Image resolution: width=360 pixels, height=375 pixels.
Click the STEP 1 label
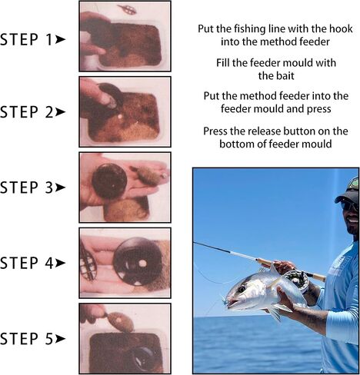coord(26,39)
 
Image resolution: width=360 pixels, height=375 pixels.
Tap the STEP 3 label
coord(26,187)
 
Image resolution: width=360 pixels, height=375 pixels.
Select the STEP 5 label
coord(26,339)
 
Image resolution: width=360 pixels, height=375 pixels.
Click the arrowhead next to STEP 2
coord(61,112)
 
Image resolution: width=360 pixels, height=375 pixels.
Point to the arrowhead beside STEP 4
coord(61,263)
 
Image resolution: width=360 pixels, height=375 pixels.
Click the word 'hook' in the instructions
coord(341,28)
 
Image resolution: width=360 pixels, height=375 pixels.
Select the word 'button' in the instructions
coord(297,131)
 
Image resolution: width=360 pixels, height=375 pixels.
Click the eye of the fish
coord(242,290)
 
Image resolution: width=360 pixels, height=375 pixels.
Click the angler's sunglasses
coord(349,205)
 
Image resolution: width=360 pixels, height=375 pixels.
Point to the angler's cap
coord(348,191)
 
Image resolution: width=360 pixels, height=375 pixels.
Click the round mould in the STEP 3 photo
coord(109,181)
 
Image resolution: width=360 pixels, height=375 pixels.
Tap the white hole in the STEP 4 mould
coord(142,264)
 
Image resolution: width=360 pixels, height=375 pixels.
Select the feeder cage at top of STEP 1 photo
coord(128,9)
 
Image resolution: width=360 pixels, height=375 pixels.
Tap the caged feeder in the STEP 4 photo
coord(88,262)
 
